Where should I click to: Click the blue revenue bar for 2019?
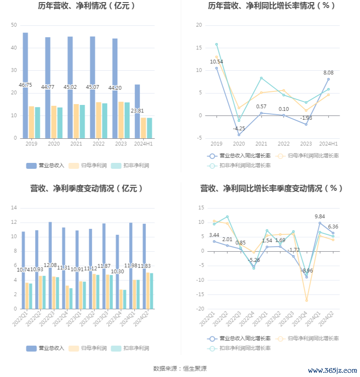(25, 85)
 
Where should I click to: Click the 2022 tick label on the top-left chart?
(98, 144)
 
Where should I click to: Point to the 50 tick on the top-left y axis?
(14, 25)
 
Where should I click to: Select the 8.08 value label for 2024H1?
(328, 73)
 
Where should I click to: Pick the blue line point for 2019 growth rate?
(216, 68)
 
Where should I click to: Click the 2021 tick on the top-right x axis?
(261, 144)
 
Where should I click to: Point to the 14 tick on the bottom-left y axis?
(14, 208)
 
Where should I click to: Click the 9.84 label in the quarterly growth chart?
(320, 217)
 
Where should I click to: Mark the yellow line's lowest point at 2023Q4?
(307, 300)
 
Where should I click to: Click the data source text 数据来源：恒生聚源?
(180, 369)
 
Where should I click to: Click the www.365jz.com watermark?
(332, 371)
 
